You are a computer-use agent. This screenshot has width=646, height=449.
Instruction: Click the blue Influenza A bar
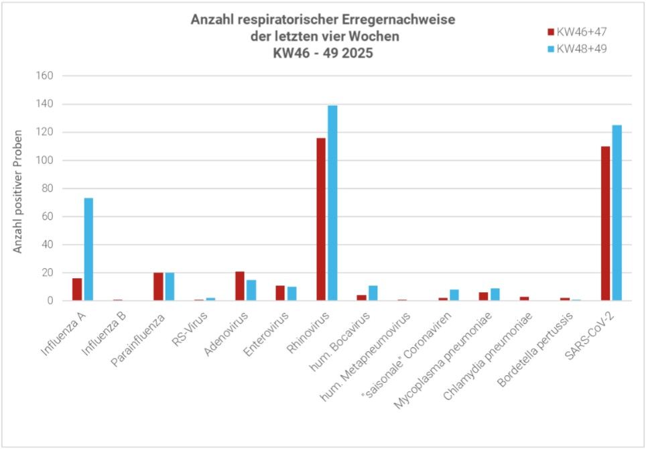click(88, 249)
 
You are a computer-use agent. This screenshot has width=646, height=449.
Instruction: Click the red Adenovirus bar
click(240, 286)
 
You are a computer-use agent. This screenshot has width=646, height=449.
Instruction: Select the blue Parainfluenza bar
click(170, 287)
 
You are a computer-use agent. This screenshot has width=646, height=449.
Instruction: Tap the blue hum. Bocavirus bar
click(373, 294)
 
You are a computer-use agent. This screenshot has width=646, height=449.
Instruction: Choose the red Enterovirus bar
click(281, 294)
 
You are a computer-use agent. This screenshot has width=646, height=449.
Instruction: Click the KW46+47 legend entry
click(577, 31)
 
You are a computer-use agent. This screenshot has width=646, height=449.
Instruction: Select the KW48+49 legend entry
click(577, 48)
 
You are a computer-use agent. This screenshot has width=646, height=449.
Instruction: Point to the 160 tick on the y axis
click(44, 76)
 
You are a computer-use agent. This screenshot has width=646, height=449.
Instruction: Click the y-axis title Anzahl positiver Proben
click(18, 191)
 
